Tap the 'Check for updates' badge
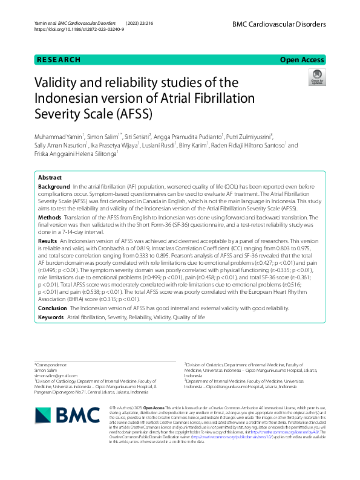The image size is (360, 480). (x=316, y=77)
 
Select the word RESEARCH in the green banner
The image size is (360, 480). (x=59, y=60)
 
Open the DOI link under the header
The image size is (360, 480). (x=79, y=29)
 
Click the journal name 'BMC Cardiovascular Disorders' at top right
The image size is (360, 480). (x=279, y=24)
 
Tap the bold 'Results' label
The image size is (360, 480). (x=48, y=241)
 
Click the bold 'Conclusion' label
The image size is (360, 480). (x=53, y=308)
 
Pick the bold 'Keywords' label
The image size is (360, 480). (x=51, y=317)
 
